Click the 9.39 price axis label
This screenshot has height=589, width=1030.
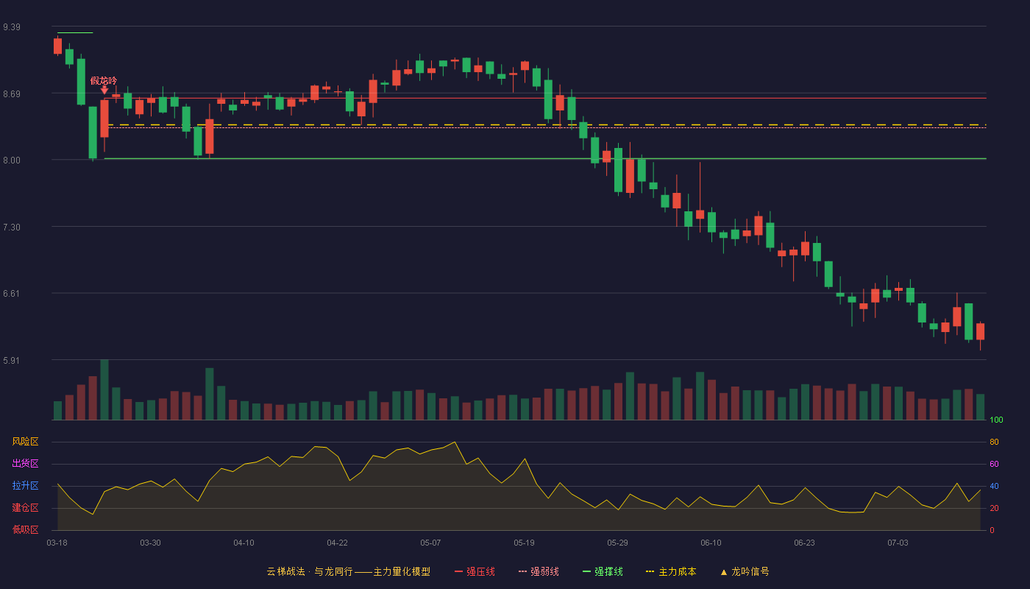(12, 27)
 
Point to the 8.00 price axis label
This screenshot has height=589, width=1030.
(12, 161)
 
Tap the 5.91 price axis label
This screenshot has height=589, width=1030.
(12, 360)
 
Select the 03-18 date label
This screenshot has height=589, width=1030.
(57, 543)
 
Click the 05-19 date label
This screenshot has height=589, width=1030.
(524, 543)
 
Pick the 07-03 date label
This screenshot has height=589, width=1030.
(898, 543)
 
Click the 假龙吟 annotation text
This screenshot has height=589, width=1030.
(104, 81)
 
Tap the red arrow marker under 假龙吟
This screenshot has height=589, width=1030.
(104, 90)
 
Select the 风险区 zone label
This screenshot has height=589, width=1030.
(25, 442)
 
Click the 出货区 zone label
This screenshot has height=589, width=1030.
(25, 463)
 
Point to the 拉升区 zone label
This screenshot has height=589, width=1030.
(25, 485)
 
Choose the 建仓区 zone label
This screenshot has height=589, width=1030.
(25, 507)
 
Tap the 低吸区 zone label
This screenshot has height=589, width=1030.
(25, 529)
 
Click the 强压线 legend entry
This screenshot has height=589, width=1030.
(475, 571)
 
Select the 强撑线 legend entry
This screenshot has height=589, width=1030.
(603, 571)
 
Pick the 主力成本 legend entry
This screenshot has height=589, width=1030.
(671, 571)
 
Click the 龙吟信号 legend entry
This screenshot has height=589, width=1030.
(745, 571)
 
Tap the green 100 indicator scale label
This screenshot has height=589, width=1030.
(996, 420)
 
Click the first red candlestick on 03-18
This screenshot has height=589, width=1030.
(57, 46)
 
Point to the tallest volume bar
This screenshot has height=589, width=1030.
(104, 389)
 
